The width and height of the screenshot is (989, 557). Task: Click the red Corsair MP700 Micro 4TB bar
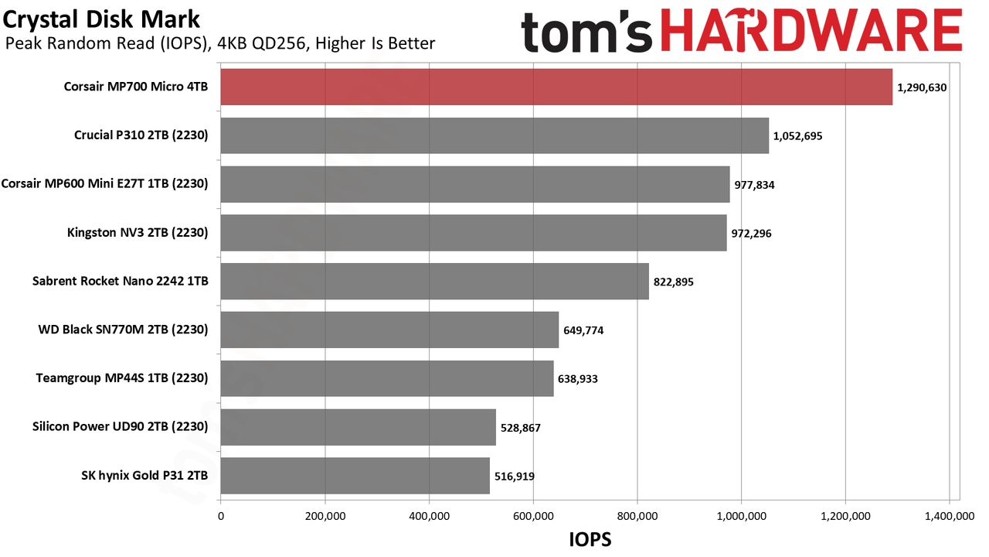pyautogui.click(x=556, y=87)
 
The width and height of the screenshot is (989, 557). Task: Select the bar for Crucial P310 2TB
pyautogui.click(x=494, y=135)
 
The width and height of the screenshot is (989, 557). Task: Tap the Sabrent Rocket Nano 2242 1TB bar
pyautogui.click(x=435, y=281)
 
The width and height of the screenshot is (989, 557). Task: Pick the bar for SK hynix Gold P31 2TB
pyautogui.click(x=355, y=476)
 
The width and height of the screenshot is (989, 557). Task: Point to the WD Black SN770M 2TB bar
pyautogui.click(x=389, y=330)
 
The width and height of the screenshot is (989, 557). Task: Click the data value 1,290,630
pyautogui.click(x=922, y=87)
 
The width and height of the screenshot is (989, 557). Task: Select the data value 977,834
pyautogui.click(x=754, y=185)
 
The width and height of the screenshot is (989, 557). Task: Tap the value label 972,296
pyautogui.click(x=751, y=234)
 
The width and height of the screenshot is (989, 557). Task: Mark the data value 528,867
pyautogui.click(x=520, y=428)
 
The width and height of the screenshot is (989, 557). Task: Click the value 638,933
pyautogui.click(x=577, y=379)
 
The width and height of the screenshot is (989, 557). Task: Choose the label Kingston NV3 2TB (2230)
pyautogui.click(x=138, y=233)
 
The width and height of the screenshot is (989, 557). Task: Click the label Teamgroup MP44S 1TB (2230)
pyautogui.click(x=122, y=378)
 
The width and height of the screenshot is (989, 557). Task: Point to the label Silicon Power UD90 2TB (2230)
pyautogui.click(x=120, y=426)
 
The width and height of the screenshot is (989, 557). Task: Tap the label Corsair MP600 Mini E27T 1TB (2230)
pyautogui.click(x=104, y=184)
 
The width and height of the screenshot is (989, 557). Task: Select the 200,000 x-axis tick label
pyautogui.click(x=325, y=516)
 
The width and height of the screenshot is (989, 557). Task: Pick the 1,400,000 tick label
pyautogui.click(x=950, y=516)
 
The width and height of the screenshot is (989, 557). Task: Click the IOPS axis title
pyautogui.click(x=590, y=540)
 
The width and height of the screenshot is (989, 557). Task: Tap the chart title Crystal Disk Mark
pyautogui.click(x=101, y=19)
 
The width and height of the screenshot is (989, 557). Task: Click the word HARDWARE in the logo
pyautogui.click(x=811, y=31)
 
